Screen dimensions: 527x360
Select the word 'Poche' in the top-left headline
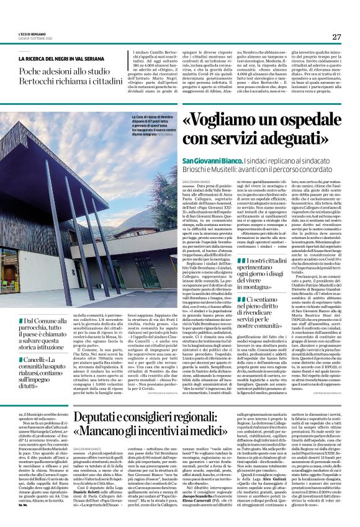coord(32,70)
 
